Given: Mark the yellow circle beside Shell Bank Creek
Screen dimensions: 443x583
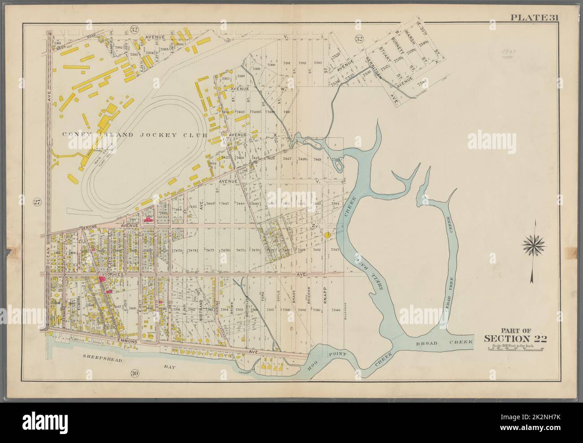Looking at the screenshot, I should (x=328, y=234).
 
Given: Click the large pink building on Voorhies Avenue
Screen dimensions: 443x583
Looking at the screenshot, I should (x=102, y=279).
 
